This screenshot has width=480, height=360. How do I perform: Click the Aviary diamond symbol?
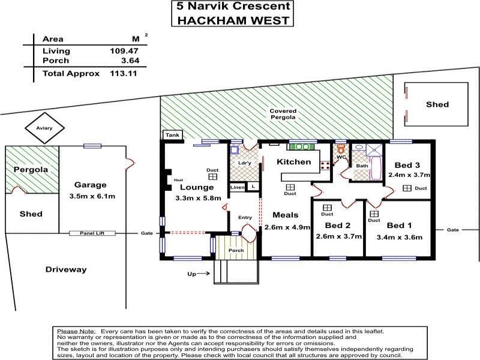pyautogui.click(x=39, y=127)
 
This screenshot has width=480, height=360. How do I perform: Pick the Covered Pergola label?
pyautogui.click(x=282, y=114)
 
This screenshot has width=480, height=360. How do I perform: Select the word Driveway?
pyautogui.click(x=66, y=269)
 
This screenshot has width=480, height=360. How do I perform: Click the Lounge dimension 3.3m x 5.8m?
pyautogui.click(x=194, y=197)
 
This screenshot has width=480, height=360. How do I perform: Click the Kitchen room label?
pyautogui.click(x=293, y=162)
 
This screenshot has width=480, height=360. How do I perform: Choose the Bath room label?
pyautogui.click(x=362, y=166)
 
